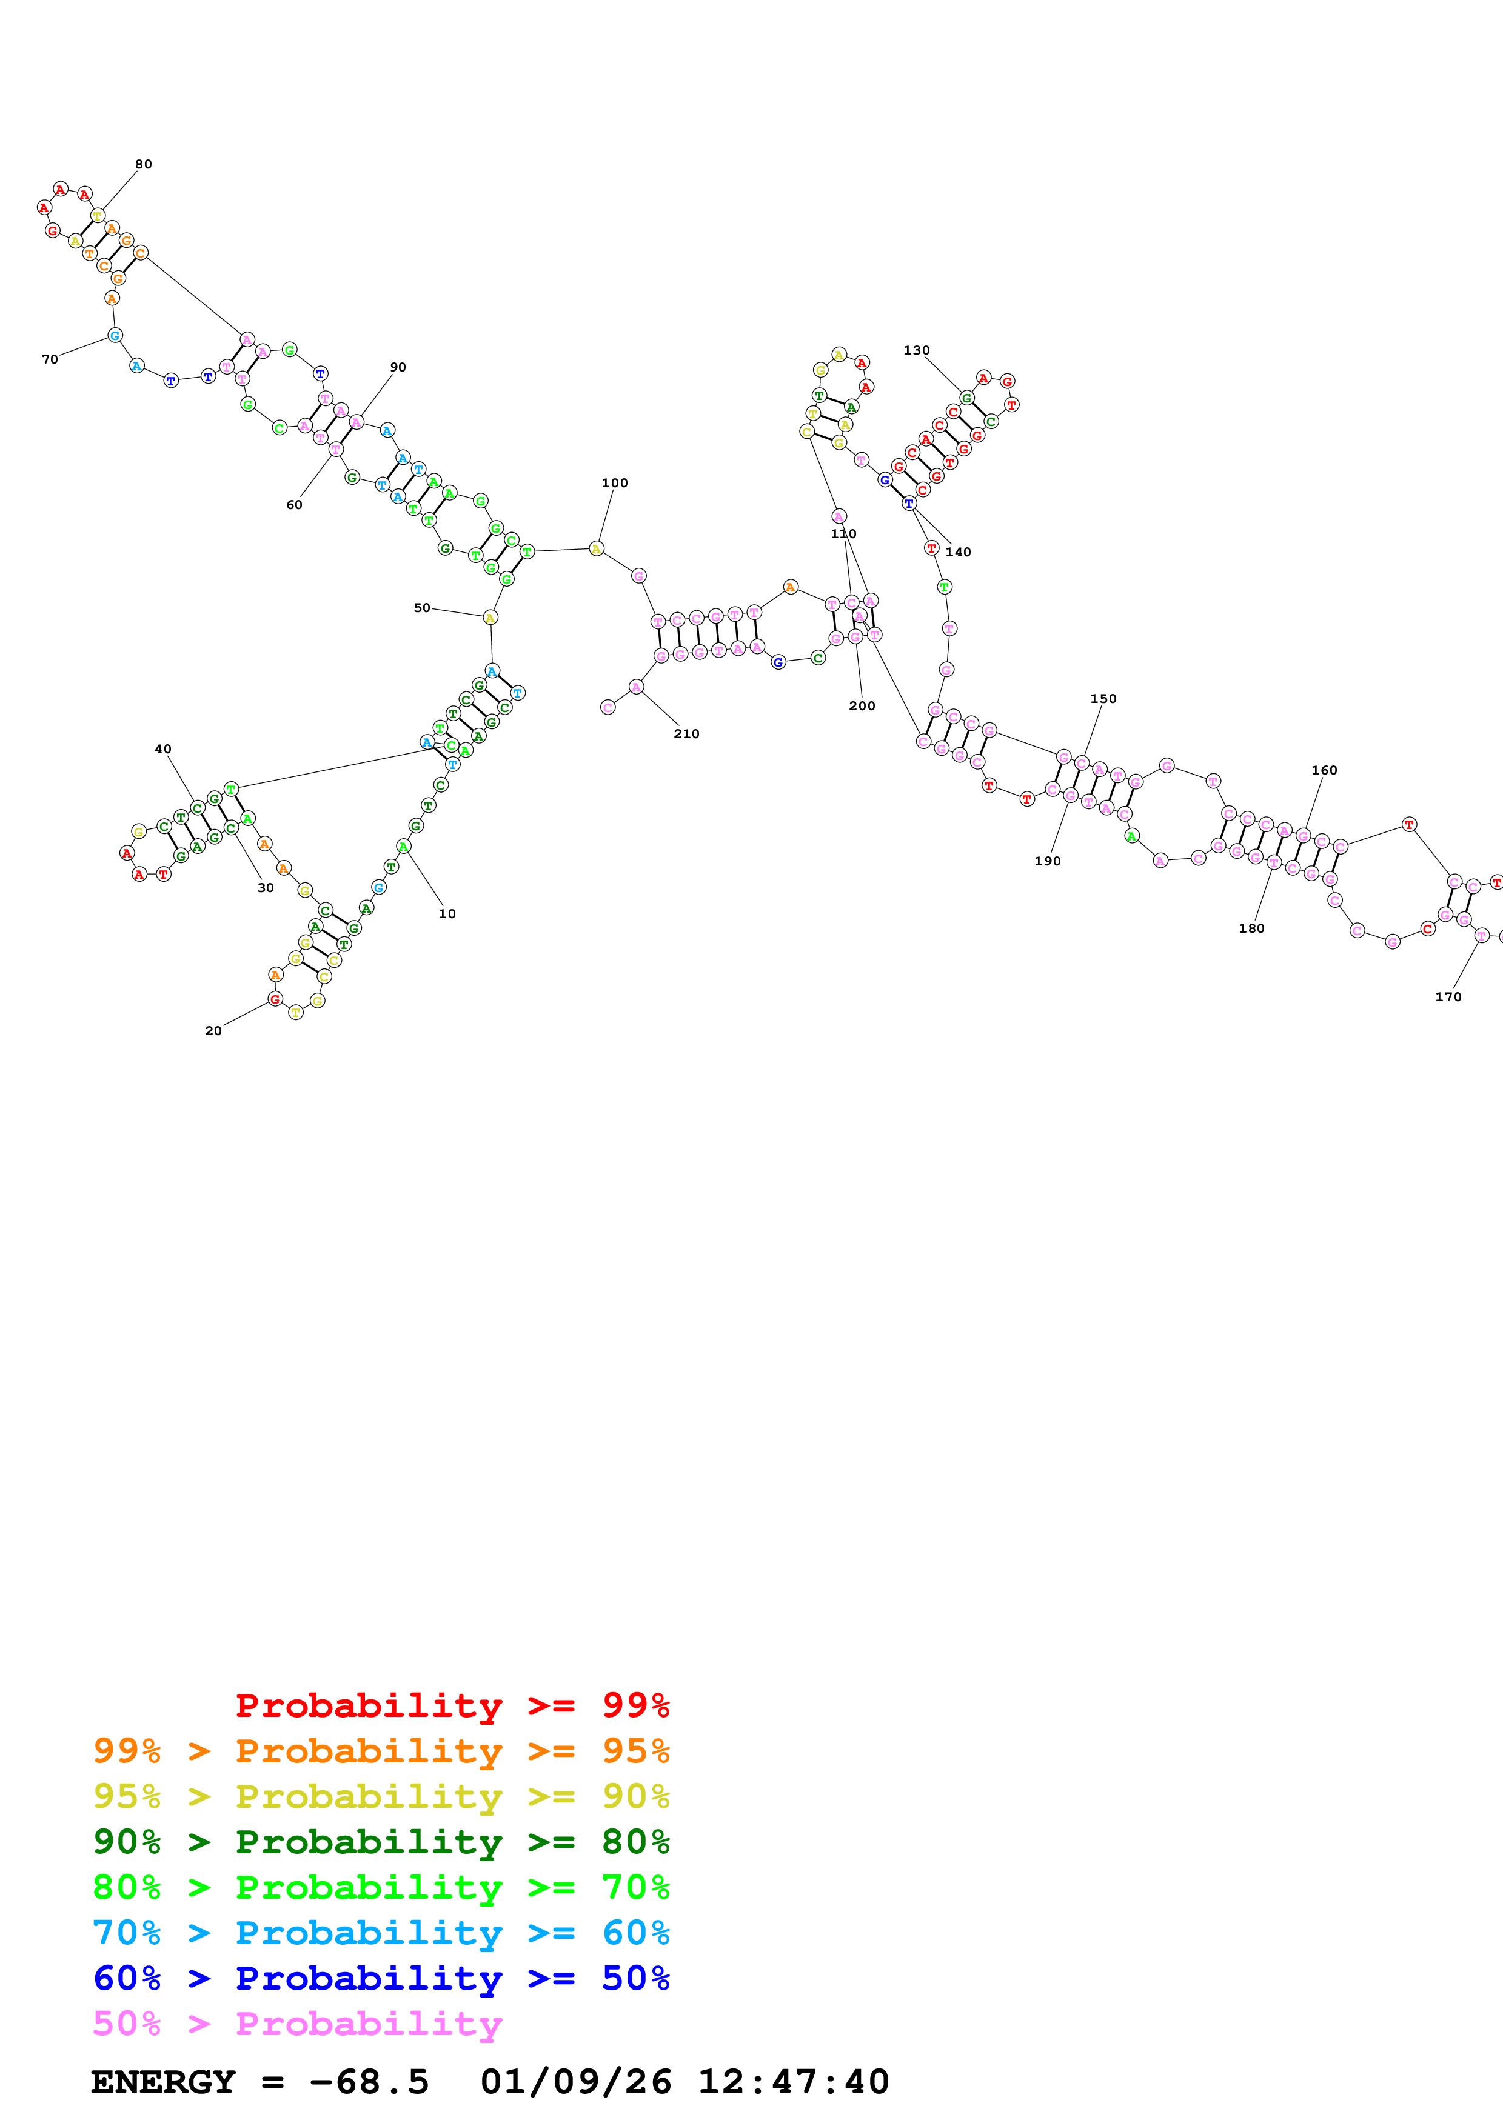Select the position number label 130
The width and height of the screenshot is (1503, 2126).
916,350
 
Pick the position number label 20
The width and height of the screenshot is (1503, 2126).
213,1031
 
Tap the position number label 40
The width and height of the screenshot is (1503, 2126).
163,749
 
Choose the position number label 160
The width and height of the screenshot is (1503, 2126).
1324,770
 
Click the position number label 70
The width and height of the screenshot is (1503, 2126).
50,359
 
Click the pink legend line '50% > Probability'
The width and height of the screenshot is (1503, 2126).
297,2023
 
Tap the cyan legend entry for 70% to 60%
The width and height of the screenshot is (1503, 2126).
381,1933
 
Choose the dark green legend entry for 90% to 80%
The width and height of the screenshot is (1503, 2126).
381,1842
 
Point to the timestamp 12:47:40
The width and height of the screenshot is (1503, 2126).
792,2082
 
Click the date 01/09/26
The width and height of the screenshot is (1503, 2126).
575,2082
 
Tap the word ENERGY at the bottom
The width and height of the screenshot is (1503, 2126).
163,2082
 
